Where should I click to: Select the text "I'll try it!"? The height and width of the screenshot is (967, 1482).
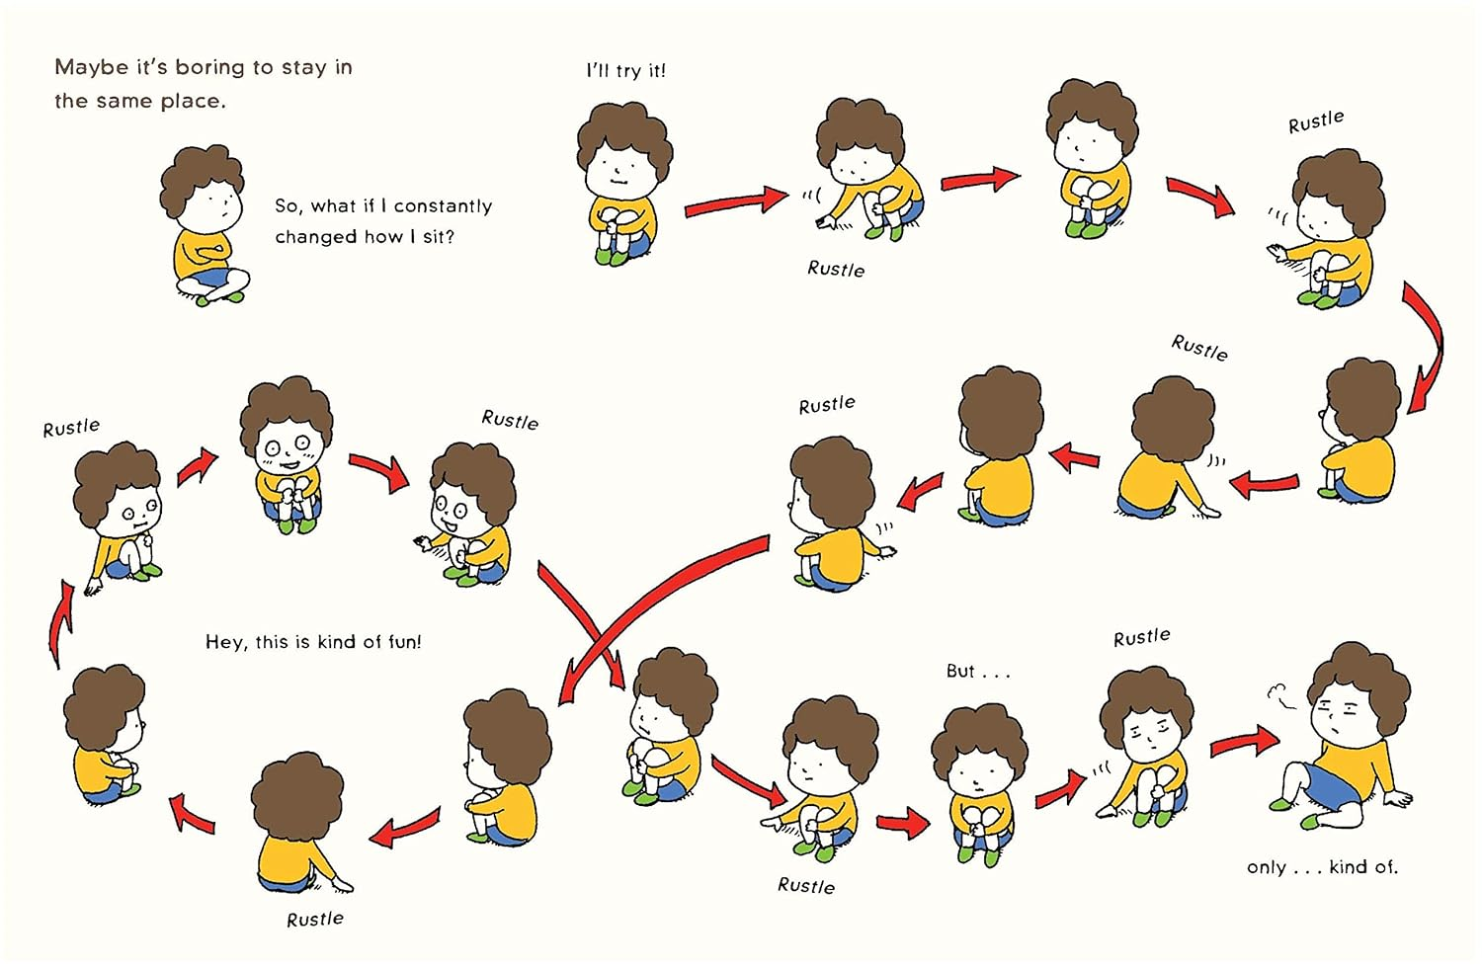tap(625, 71)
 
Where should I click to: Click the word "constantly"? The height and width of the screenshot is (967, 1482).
tap(443, 206)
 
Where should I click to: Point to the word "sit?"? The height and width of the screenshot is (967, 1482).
tap(438, 236)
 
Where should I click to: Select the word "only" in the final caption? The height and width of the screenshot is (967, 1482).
tap(1267, 867)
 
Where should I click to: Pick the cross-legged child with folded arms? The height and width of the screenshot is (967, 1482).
tap(204, 225)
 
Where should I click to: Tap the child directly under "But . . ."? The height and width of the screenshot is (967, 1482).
tap(979, 784)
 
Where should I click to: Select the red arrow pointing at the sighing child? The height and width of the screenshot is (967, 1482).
tap(1244, 744)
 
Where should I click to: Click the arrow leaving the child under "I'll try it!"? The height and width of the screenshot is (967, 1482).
tap(736, 202)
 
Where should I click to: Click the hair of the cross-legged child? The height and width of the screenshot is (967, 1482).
tap(202, 175)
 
